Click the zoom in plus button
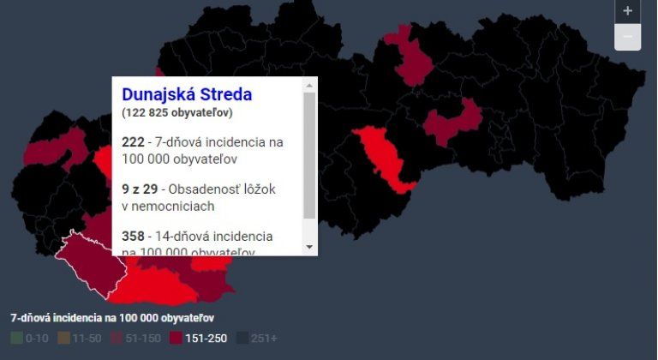tap(628, 11)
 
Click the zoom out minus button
tap(628, 37)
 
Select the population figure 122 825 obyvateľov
tap(178, 112)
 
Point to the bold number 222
tap(133, 141)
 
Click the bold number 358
tap(133, 236)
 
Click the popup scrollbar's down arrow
tap(309, 247)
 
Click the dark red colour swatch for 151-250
tap(176, 339)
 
